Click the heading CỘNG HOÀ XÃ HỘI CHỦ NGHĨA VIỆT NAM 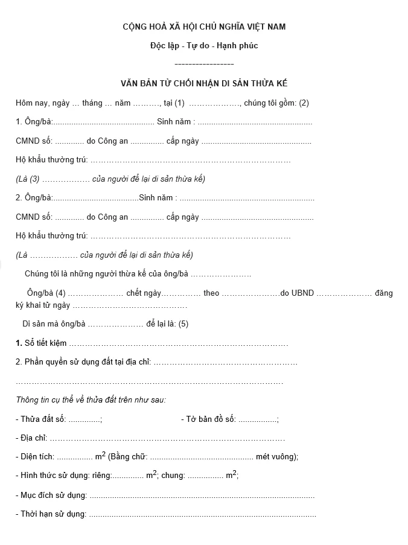pos(204,27)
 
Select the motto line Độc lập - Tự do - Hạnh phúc pos(204,46)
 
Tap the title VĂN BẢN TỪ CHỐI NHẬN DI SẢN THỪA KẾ pos(204,83)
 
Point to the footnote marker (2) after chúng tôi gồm pos(304,103)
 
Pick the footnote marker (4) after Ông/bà pos(60,293)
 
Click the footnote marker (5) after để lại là pos(183,324)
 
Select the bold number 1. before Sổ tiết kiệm pos(19,343)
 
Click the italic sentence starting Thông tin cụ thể pos(91,400)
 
